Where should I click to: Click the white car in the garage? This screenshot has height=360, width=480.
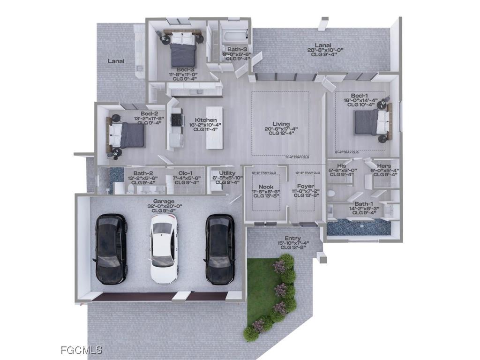coord(164,251)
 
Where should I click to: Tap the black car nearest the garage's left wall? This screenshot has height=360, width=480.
coord(111,248)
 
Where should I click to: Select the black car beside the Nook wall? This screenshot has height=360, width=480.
coord(220,249)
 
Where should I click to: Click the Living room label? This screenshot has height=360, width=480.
coord(281,124)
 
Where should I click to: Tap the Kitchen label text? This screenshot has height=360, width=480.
coord(206,120)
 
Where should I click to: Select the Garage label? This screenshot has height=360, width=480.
coord(164,201)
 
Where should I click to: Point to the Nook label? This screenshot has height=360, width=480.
coord(266,187)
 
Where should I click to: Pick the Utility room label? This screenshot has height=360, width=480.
coord(227,173)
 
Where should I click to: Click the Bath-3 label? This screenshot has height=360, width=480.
coord(237,49)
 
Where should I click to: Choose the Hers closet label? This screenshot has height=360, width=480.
coord(384,166)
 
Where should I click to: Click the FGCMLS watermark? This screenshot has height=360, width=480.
coord(82,350)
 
